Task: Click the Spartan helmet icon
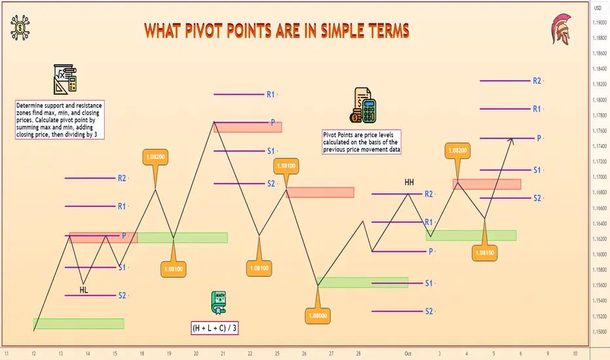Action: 562,29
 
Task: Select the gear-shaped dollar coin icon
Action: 20,27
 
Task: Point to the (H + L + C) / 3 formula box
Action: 215,328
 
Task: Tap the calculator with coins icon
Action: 363,105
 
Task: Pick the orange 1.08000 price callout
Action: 318,315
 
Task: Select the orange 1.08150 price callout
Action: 484,253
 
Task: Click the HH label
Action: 409,182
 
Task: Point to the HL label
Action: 84,290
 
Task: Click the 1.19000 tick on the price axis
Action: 600,22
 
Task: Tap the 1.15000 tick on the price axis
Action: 600,332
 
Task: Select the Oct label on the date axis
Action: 408,353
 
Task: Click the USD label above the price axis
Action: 598,8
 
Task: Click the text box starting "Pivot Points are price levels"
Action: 361,142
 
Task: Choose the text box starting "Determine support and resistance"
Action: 60,120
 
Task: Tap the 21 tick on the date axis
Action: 223,353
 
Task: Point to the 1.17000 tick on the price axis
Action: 600,177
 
